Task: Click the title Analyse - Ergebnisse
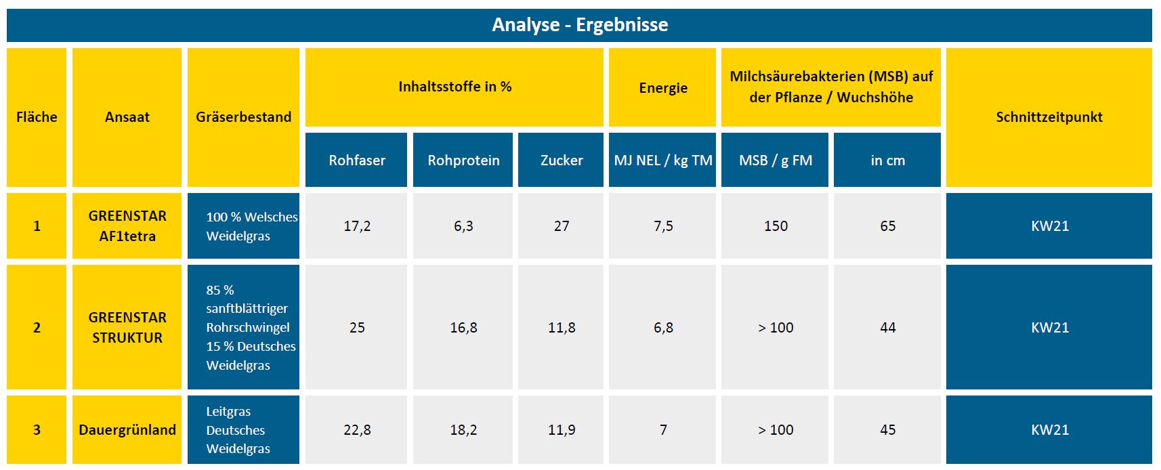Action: coord(580,25)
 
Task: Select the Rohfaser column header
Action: coord(357,161)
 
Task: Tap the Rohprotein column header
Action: coord(463,161)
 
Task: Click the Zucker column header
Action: coord(562,161)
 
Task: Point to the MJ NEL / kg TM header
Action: coord(663,161)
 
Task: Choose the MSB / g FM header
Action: coord(776,161)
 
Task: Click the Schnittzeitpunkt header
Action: coord(1049,117)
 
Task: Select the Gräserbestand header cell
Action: coord(243,117)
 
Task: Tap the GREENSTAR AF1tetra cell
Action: coord(127,226)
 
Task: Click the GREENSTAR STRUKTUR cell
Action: coord(127,328)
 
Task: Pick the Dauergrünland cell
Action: coord(127,430)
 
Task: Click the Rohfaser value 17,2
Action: coord(357,226)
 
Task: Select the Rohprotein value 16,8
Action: coord(463,328)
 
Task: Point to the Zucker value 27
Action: coord(562,226)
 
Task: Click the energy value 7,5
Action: coord(663,226)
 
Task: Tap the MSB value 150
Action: coord(776,226)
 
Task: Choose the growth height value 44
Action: coord(887,328)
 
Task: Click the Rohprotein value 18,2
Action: coord(463,430)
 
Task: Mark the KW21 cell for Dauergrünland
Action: coord(1049,430)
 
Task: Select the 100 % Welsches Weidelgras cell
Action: coord(244,226)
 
